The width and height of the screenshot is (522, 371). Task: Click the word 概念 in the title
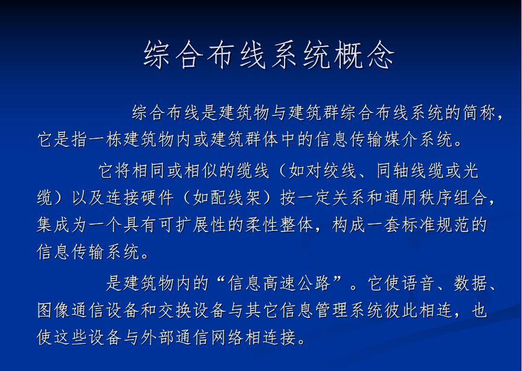coord(364,55)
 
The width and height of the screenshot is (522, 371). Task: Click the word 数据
coord(471,283)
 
